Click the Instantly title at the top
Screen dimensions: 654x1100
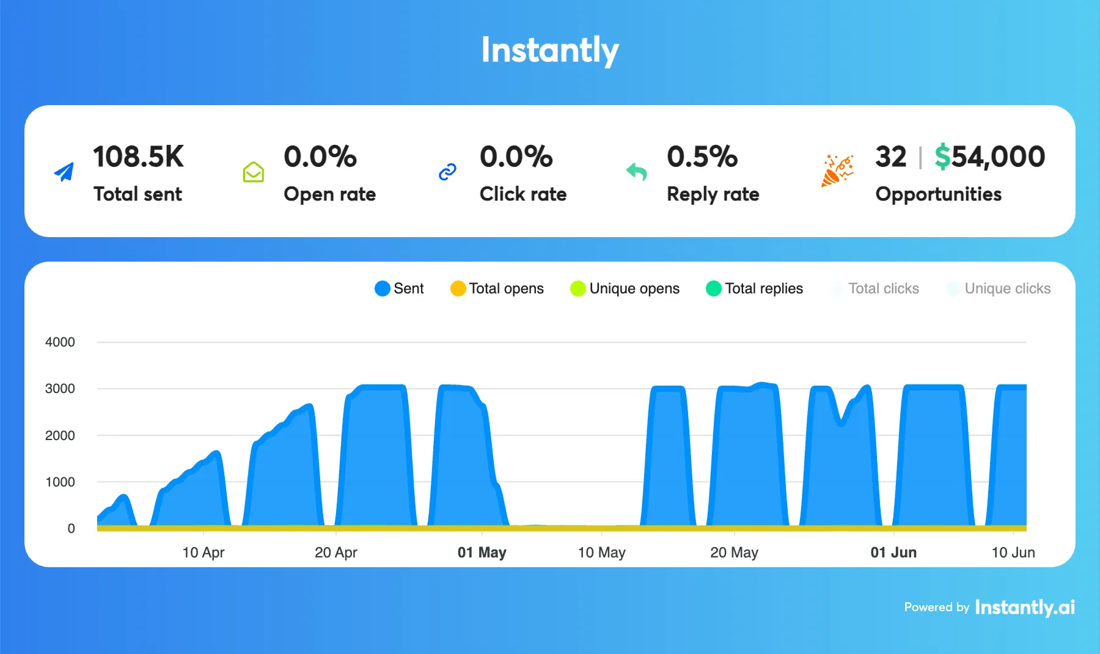[x=550, y=50]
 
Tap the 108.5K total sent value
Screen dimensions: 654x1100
[x=138, y=157]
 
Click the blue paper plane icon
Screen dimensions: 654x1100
[x=64, y=172]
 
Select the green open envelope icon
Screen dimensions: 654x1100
[x=253, y=172]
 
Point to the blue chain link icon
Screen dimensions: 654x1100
[x=447, y=172]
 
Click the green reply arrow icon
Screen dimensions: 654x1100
[x=636, y=172]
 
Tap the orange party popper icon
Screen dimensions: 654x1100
[x=837, y=171]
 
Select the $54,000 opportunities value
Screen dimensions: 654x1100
[x=989, y=157]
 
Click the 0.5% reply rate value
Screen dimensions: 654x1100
[x=702, y=157]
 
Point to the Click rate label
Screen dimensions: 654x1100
[x=523, y=194]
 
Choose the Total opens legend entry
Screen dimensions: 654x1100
[x=497, y=288]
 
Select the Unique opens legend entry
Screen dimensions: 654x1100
[x=625, y=288]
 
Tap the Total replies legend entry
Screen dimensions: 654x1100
[x=754, y=288]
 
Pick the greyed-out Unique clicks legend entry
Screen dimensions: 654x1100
[x=998, y=288]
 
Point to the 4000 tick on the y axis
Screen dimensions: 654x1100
[x=60, y=342]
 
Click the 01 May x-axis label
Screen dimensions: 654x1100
[x=482, y=553]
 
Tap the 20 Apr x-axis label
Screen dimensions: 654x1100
[x=335, y=553]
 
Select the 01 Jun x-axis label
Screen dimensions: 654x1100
[x=893, y=553]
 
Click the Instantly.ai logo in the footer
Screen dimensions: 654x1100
[x=1025, y=608]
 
